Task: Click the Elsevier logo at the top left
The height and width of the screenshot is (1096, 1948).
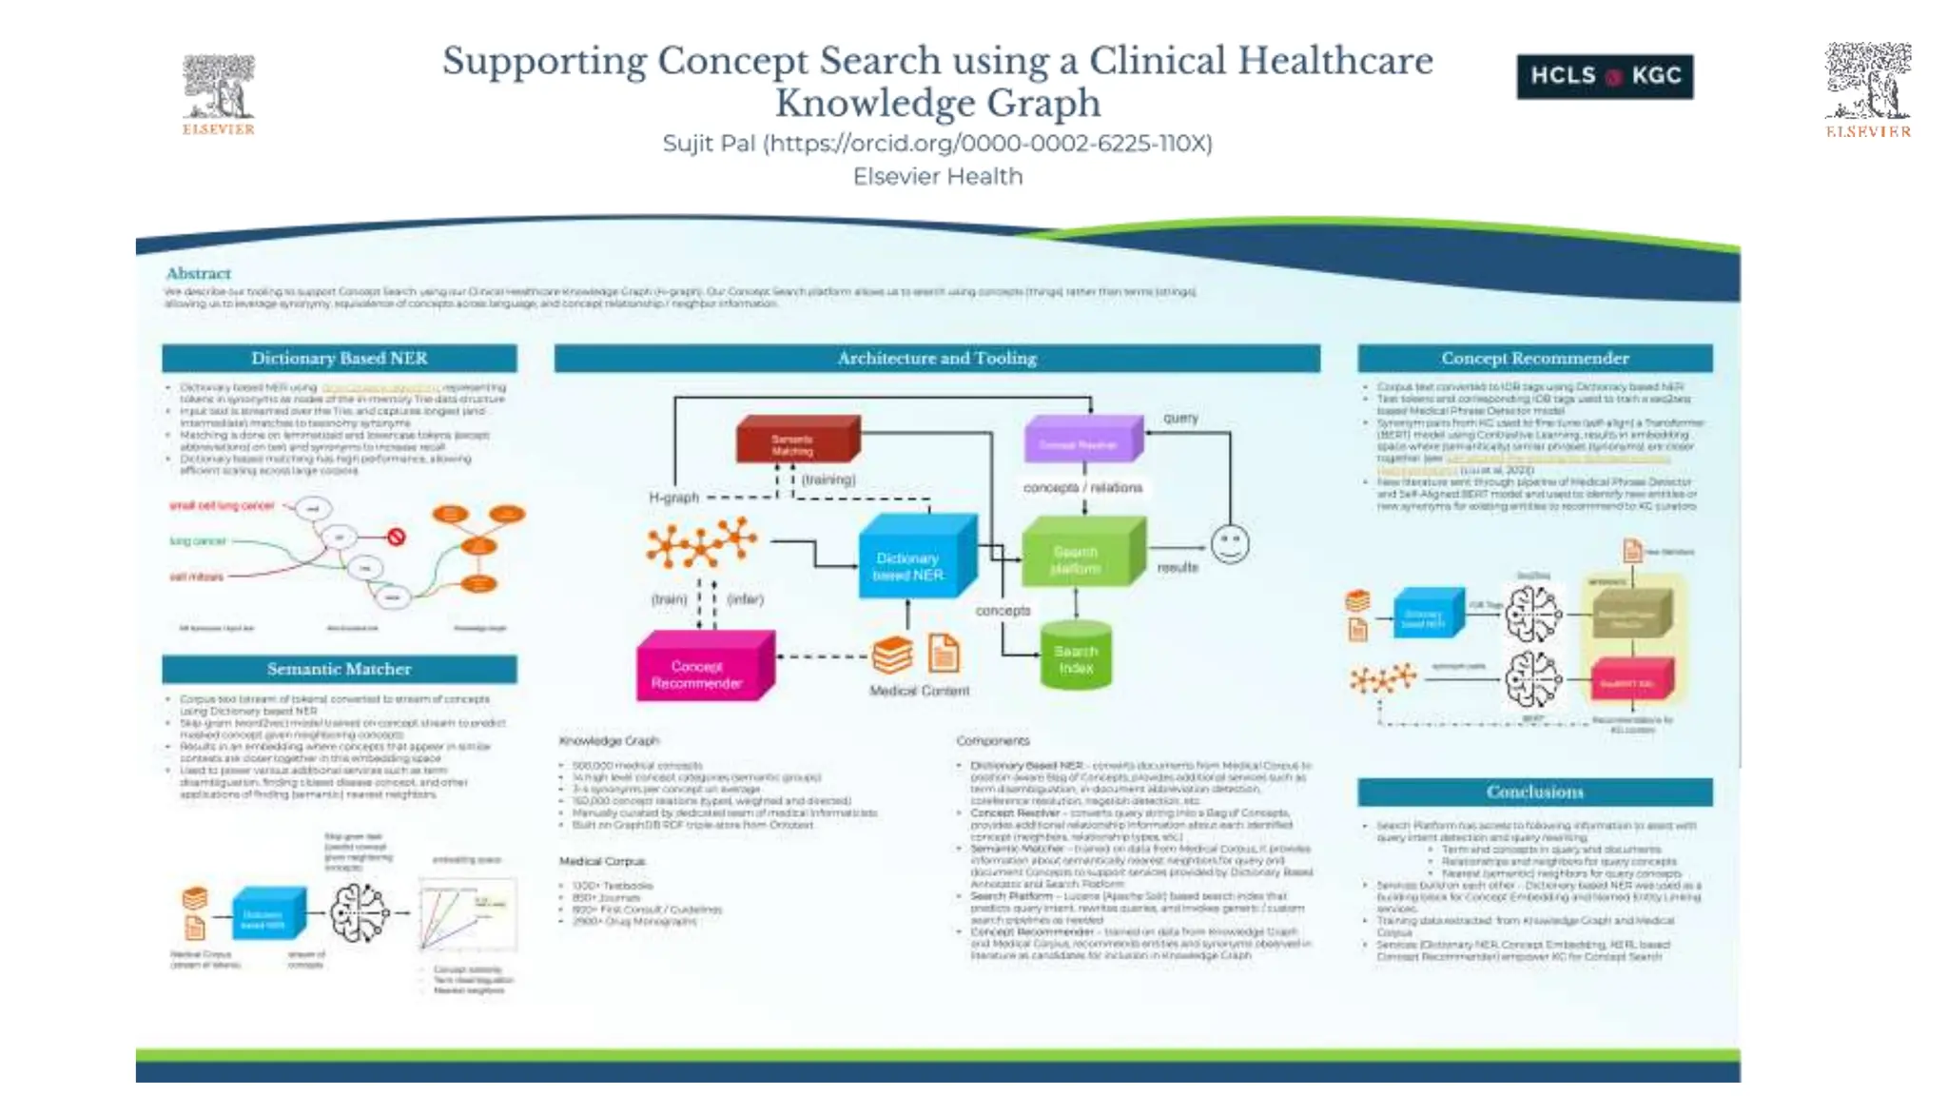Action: (x=219, y=94)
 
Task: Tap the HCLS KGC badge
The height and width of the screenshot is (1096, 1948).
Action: (x=1605, y=76)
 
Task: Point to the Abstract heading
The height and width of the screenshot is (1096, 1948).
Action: (x=198, y=273)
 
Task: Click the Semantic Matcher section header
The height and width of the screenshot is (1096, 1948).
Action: (x=339, y=669)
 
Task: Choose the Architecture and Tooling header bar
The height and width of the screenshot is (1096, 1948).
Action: (x=937, y=358)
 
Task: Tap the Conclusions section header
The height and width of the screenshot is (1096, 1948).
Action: (x=1534, y=792)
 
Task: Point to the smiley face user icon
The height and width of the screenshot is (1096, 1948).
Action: (x=1230, y=544)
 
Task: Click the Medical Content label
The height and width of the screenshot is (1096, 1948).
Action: (x=919, y=691)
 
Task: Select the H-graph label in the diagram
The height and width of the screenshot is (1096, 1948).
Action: (x=673, y=498)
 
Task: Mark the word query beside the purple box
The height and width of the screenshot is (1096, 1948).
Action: (x=1180, y=418)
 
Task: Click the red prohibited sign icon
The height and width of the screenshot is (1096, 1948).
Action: (x=397, y=537)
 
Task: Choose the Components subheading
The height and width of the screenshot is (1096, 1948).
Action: (x=992, y=740)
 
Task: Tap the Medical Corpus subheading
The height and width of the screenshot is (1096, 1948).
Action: (x=602, y=861)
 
